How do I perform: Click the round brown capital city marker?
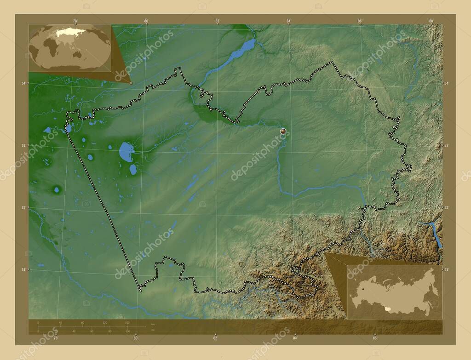point(283,131)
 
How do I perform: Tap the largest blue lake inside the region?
point(126,151)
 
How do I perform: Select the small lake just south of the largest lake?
point(133,169)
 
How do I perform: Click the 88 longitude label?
point(431,21)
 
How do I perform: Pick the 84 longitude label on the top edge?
point(288,21)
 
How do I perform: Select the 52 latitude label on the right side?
point(446,208)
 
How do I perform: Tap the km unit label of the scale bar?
point(153,324)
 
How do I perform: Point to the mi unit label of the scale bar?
point(153,330)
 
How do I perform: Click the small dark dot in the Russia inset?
point(363,289)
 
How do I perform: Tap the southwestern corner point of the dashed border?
point(140,291)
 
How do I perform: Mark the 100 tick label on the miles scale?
point(127,331)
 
